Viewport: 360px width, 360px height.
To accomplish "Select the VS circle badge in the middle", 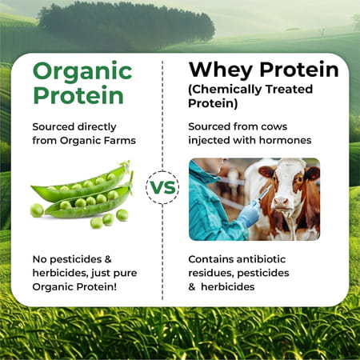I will click(162, 188).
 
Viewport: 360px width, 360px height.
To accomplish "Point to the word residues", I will click(209, 274).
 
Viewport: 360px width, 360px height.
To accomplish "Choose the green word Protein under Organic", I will click(79, 96).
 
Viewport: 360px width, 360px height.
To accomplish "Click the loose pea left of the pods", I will click(37, 209).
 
